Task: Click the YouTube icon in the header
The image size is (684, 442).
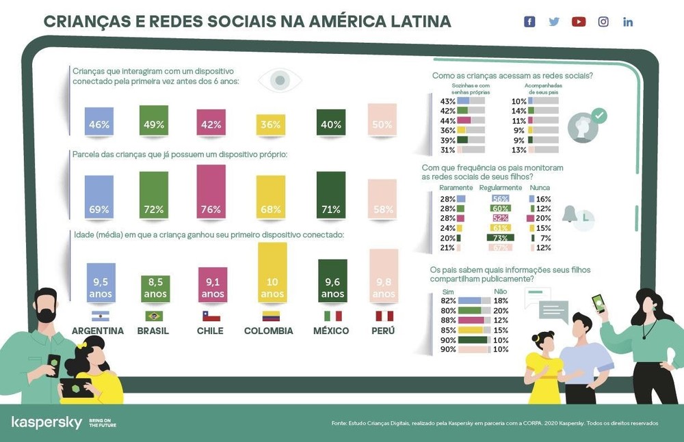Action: [x=579, y=22]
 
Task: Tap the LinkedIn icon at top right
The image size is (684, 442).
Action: [x=628, y=22]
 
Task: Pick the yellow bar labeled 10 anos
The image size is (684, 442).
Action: [x=272, y=272]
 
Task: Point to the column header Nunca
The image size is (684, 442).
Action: [x=539, y=188]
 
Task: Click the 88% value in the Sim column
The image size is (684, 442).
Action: [x=449, y=320]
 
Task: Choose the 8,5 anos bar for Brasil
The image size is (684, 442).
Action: [x=155, y=289]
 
